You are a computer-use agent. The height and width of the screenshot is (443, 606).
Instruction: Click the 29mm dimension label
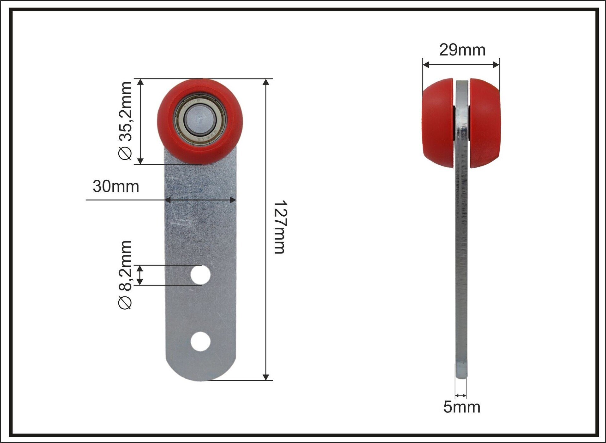pyautogui.click(x=462, y=50)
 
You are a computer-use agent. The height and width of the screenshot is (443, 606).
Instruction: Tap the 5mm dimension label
pyautogui.click(x=462, y=407)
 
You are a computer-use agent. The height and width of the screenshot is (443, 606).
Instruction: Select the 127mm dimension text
pyautogui.click(x=280, y=227)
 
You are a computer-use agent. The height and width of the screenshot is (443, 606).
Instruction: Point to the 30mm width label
pyautogui.click(x=116, y=186)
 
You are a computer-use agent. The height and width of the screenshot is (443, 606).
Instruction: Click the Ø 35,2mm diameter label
pyautogui.click(x=125, y=121)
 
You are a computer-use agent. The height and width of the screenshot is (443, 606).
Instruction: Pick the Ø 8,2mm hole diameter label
pyautogui.click(x=125, y=275)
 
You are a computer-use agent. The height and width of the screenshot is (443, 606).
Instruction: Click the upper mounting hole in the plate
pyautogui.click(x=200, y=275)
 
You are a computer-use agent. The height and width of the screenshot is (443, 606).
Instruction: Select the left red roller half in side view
pyautogui.click(x=438, y=123)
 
